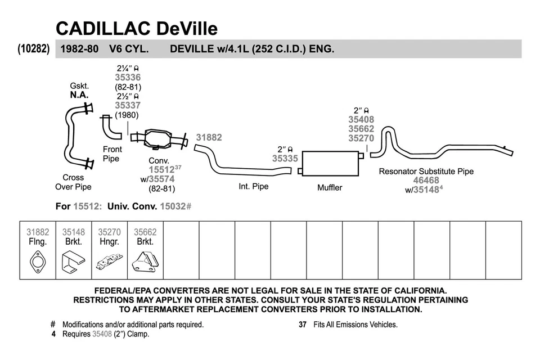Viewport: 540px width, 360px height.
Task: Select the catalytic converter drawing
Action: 164,138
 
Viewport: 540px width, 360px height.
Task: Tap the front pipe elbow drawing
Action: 110,128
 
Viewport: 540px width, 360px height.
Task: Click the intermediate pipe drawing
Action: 242,165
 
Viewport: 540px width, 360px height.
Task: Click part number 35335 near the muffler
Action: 285,159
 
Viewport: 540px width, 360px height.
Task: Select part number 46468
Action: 426,181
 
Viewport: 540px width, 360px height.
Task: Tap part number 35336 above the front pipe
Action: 128,77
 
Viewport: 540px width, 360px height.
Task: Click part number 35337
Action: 128,105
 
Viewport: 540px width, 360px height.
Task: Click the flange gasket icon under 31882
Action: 38,262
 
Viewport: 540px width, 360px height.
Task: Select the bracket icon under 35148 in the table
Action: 73,262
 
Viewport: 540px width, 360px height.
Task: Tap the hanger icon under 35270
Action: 109,261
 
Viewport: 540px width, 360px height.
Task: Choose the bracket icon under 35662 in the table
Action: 145,261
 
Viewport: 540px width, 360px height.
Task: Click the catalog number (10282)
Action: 34,49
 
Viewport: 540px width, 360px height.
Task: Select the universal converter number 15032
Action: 172,206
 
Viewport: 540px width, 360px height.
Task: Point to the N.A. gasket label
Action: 79,95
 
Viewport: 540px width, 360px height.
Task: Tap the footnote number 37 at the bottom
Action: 302,325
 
